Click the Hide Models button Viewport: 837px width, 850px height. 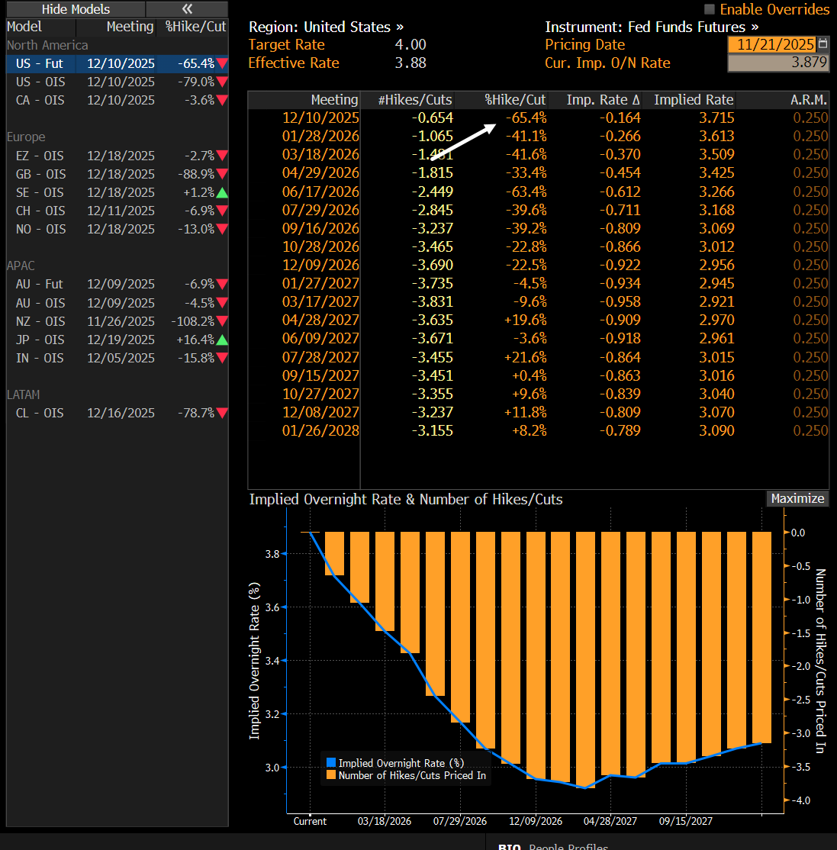76,9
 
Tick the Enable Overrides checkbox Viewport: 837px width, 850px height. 710,9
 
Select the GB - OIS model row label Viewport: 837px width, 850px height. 40,174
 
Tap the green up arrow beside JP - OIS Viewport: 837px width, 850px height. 222,340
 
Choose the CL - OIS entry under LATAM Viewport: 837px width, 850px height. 40,413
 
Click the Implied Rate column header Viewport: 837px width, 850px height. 694,100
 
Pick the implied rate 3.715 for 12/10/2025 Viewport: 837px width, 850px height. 716,118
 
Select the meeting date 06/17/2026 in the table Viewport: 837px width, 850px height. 320,192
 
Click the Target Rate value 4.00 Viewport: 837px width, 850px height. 410,45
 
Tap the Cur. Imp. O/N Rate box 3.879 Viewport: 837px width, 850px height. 777,63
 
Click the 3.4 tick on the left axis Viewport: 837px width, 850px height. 272,661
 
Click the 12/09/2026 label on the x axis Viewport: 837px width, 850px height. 536,821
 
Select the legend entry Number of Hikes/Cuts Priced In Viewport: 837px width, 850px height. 412,775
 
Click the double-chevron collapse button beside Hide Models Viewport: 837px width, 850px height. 187,9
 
